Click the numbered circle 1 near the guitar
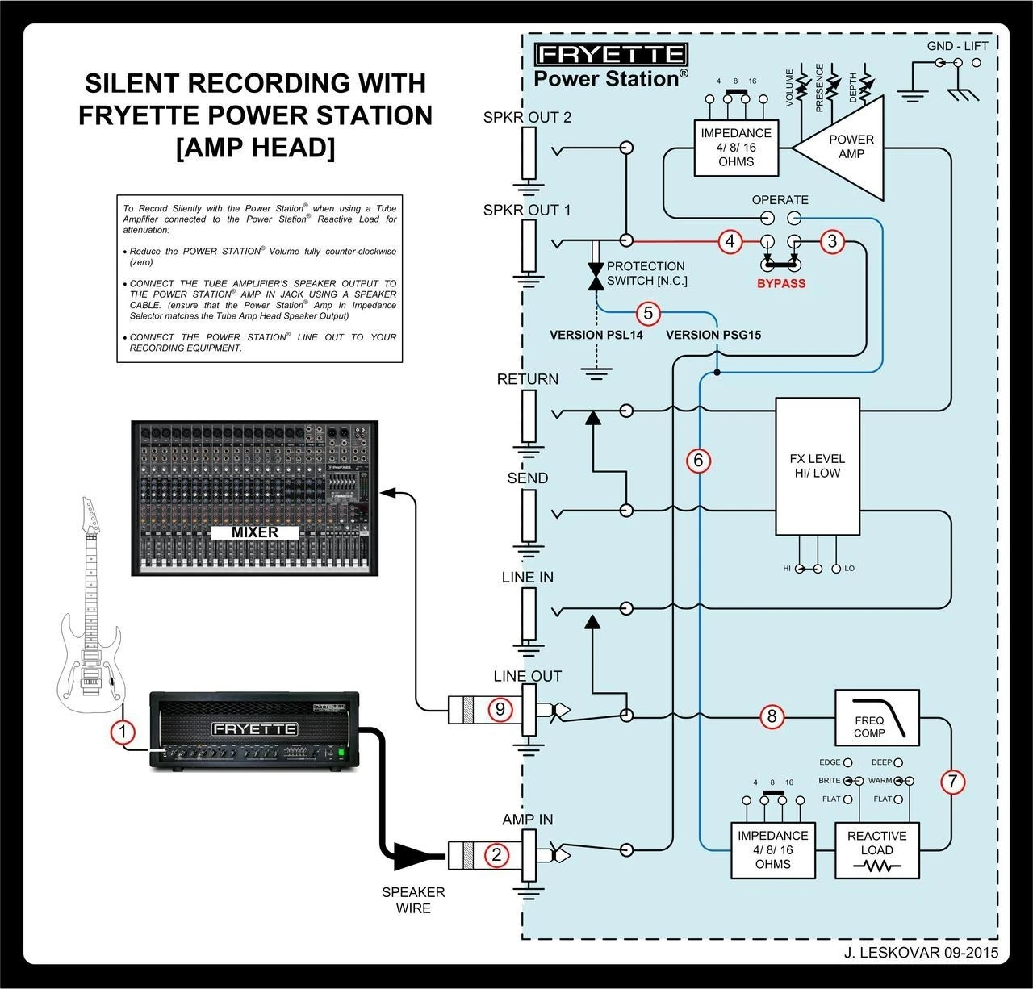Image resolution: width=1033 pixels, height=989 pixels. [x=123, y=732]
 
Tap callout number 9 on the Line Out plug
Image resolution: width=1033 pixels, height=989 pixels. [x=500, y=709]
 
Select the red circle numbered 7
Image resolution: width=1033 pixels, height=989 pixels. [x=952, y=781]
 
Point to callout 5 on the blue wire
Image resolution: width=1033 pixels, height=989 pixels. [x=648, y=313]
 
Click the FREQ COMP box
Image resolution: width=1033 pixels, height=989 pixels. [x=876, y=717]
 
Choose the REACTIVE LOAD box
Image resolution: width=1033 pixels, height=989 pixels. [x=876, y=850]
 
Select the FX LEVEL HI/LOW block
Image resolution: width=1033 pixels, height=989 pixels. [x=818, y=466]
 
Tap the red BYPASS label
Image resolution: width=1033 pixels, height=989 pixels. [x=780, y=283]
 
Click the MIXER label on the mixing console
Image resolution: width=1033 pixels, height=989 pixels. [x=255, y=532]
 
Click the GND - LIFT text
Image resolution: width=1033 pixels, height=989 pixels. [x=957, y=46]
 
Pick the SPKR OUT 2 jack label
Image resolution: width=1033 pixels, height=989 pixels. [x=527, y=117]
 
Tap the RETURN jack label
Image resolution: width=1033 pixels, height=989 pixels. [x=528, y=379]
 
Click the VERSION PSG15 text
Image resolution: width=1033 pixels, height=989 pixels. [x=713, y=335]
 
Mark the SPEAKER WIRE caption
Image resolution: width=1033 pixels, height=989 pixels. [x=413, y=900]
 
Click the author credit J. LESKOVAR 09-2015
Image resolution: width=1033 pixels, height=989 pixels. [x=921, y=953]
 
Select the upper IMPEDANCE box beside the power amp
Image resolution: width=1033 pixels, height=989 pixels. [x=736, y=148]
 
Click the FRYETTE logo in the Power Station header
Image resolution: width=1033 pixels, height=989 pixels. [x=611, y=55]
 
